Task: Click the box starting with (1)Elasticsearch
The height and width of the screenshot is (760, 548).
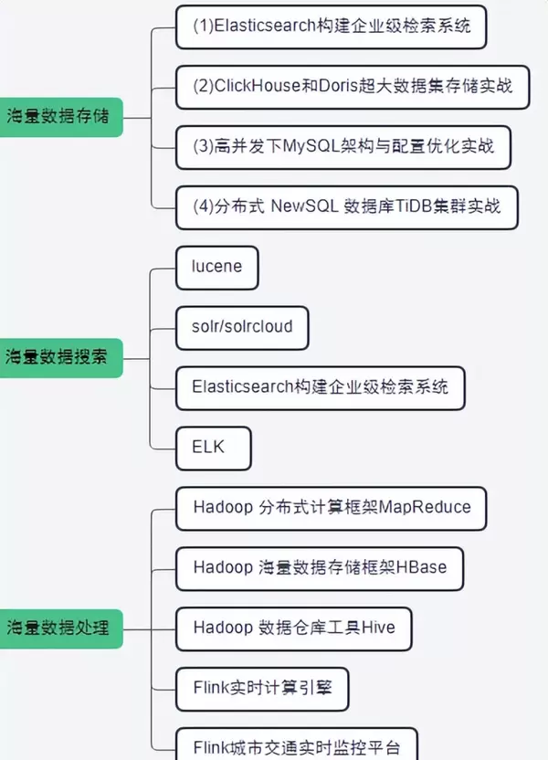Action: coord(331,26)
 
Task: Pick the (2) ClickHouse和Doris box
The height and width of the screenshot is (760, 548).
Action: coord(353,87)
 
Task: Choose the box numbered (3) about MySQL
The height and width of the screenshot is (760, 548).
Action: coord(343,146)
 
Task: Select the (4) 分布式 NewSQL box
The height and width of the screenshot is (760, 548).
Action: coord(347,206)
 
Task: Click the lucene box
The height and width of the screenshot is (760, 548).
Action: coord(216,267)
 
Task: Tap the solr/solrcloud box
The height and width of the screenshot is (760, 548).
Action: coord(241,326)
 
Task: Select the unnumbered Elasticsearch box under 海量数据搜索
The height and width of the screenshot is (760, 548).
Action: coord(320,386)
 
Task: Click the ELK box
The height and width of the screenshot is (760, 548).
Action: coord(213,447)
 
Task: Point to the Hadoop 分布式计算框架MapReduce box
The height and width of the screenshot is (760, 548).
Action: coord(332,507)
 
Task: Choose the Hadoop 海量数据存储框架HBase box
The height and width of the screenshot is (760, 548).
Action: coord(320,567)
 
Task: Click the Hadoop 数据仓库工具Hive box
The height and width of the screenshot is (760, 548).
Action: coord(293,628)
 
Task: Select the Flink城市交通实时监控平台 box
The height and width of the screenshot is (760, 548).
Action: coord(297,746)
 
